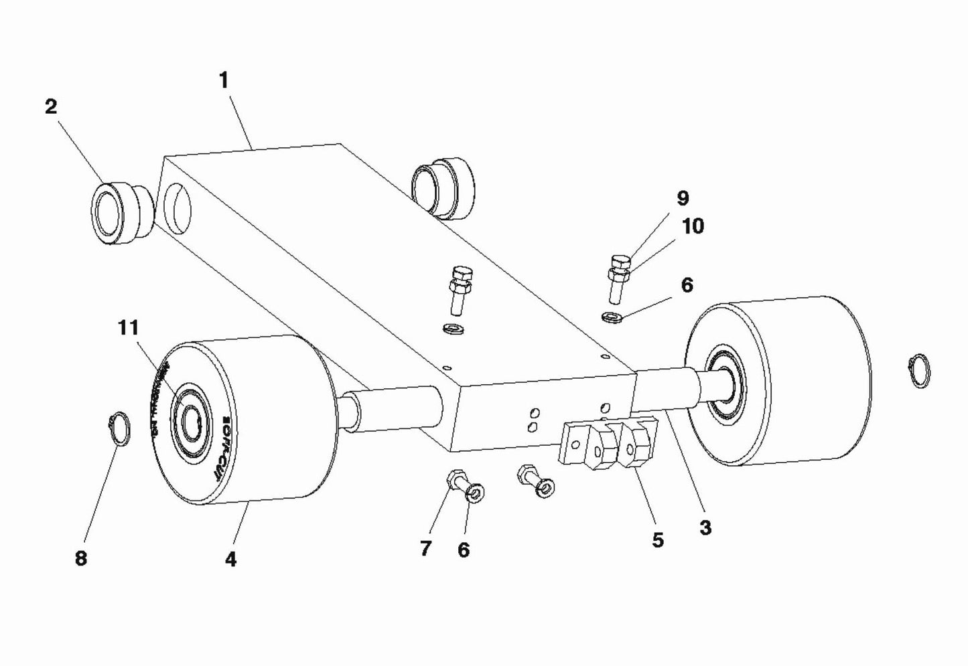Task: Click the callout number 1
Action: click(224, 81)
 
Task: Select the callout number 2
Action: click(51, 106)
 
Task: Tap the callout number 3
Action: click(705, 527)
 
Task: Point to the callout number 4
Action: click(230, 560)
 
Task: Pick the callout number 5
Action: click(658, 539)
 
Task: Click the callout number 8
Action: click(80, 559)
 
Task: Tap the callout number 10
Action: click(693, 226)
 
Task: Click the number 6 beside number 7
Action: click(464, 550)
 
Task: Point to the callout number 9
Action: click(683, 198)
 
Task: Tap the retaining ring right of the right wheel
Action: click(919, 371)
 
